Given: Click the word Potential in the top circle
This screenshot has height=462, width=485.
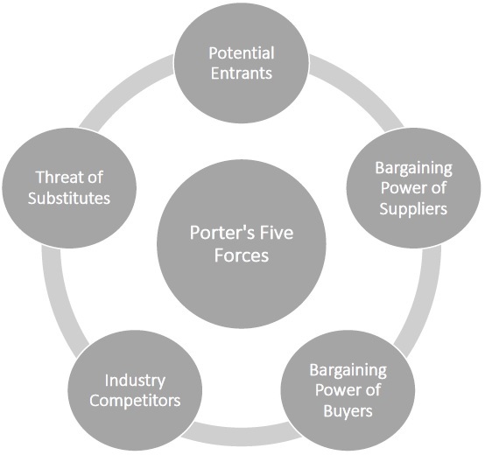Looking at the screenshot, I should pyautogui.click(x=240, y=53).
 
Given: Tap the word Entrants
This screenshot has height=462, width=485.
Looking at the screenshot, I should pyautogui.click(x=240, y=73).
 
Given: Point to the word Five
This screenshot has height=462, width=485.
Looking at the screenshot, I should pyautogui.click(x=273, y=234).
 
